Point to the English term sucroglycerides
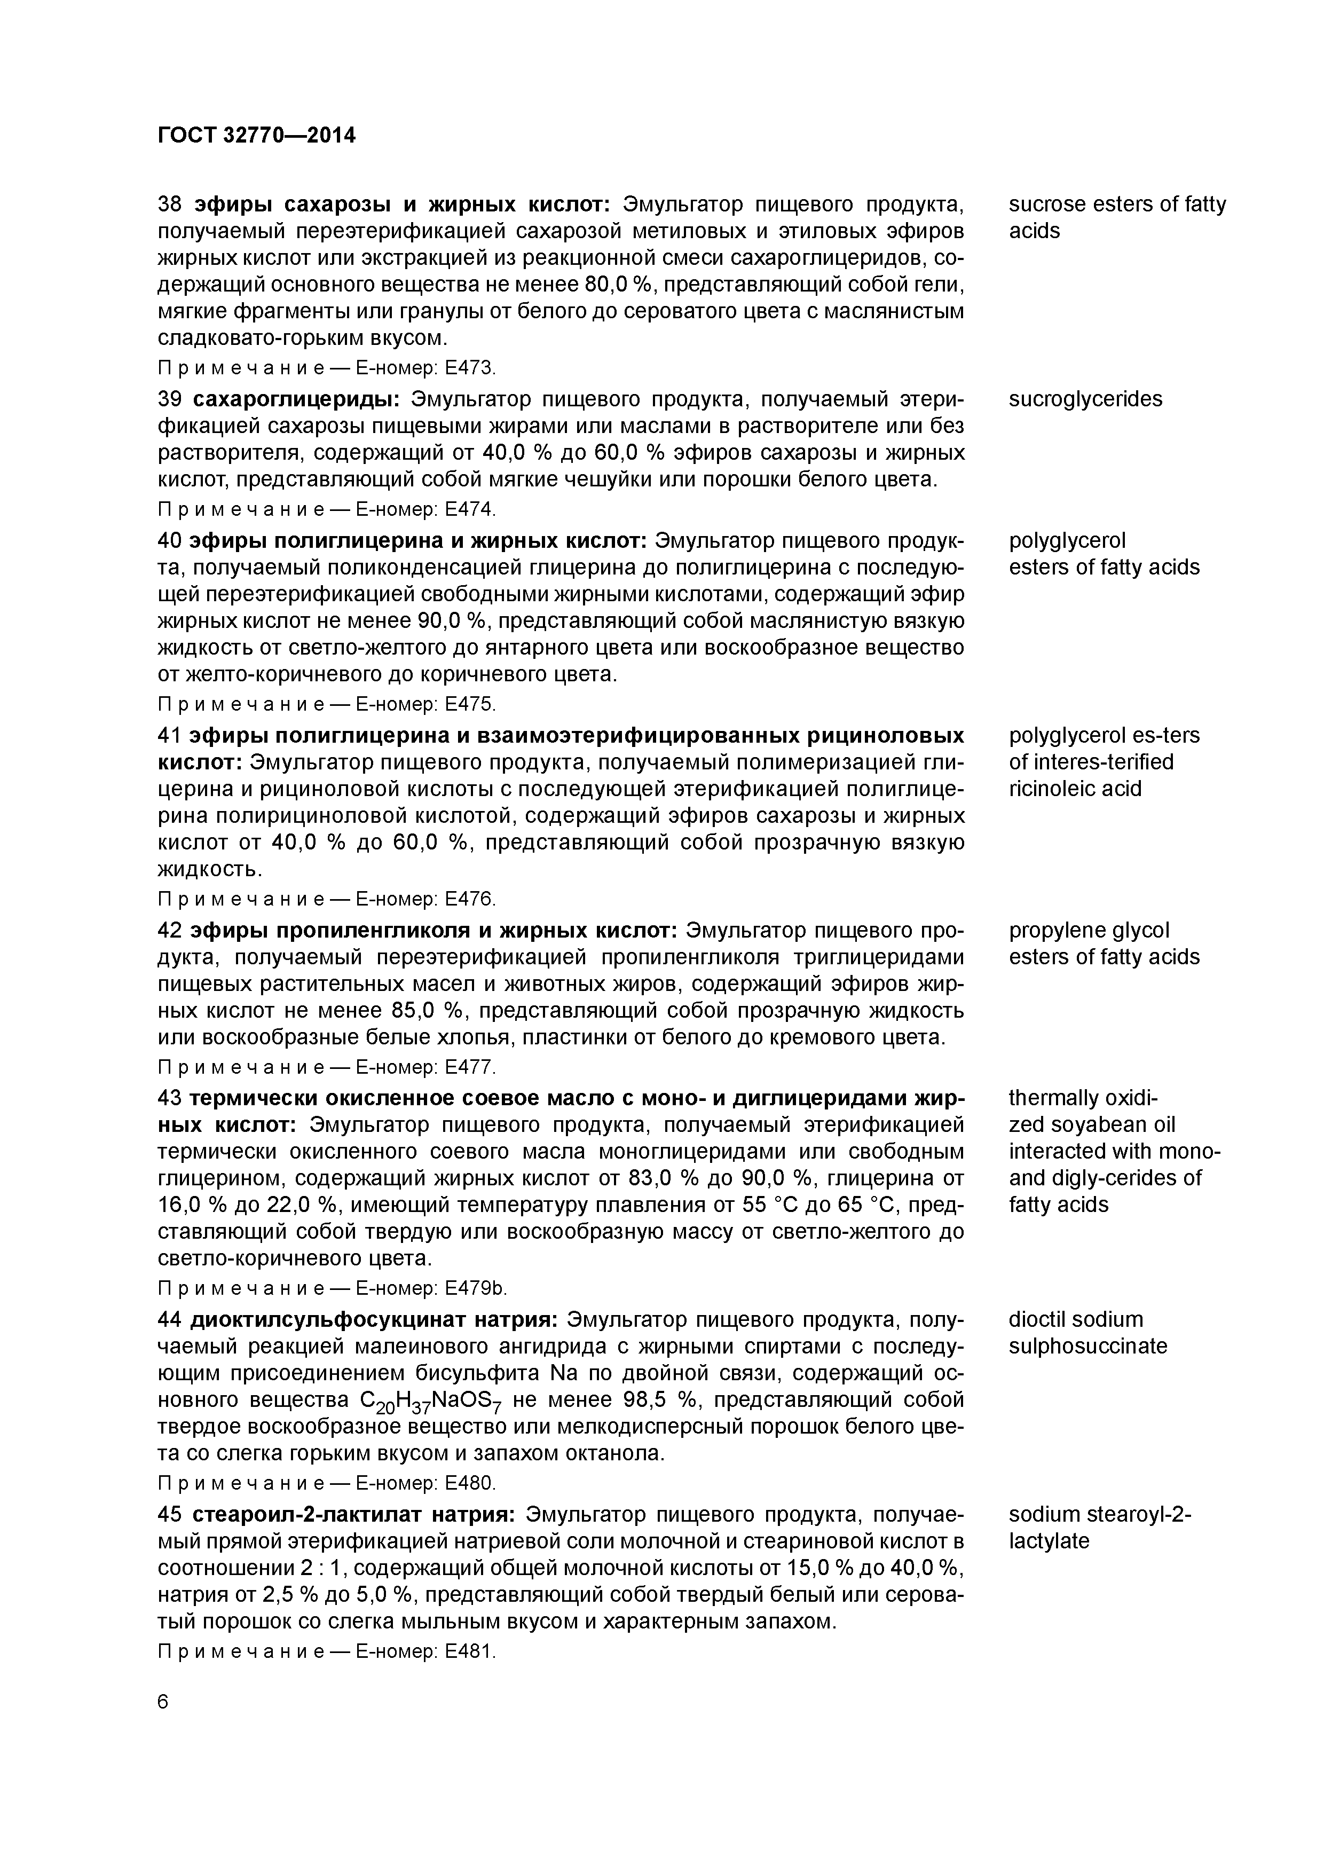coord(1085,399)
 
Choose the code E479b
coord(474,1289)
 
